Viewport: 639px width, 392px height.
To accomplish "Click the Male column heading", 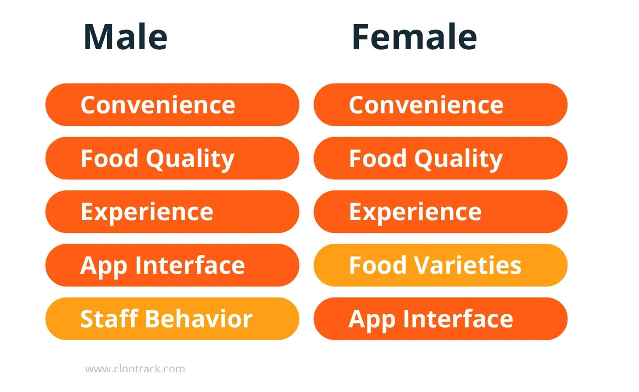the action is (125, 37).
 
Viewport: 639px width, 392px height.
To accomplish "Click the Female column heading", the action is (414, 37).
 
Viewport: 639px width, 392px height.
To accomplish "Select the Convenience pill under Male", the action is (172, 105).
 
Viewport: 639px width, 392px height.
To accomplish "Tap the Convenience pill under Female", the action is (440, 105).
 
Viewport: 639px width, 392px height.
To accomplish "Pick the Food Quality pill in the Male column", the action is (172, 158).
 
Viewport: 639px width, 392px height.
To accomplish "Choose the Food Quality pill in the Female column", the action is (440, 158).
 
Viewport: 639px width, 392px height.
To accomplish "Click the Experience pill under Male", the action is (172, 211).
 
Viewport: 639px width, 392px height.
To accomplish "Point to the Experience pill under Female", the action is (440, 211).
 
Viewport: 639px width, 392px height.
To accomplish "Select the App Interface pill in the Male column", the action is (172, 265).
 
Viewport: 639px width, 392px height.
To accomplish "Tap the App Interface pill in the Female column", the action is (440, 319).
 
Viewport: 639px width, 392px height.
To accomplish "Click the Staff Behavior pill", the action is (172, 319).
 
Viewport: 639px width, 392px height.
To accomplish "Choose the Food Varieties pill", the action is (440, 265).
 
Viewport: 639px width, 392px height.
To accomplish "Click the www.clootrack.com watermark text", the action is (135, 369).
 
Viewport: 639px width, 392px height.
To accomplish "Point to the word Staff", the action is (109, 318).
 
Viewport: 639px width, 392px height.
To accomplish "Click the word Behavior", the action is (199, 318).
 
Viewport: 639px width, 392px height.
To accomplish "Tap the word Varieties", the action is (468, 265).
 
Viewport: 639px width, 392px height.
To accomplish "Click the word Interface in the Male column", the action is (190, 265).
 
